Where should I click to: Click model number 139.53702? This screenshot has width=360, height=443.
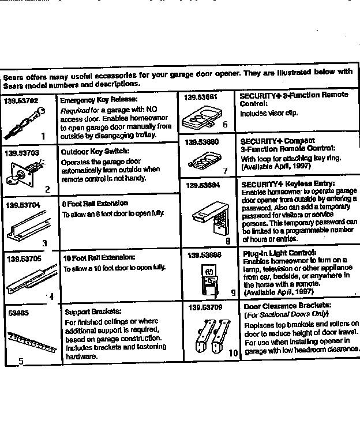21,101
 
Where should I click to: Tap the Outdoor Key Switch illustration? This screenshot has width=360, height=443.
27,171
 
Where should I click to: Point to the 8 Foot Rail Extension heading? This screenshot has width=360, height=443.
95,204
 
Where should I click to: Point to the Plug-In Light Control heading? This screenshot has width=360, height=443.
279,253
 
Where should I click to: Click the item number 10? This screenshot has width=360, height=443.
232,352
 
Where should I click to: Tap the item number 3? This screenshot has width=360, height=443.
44,243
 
